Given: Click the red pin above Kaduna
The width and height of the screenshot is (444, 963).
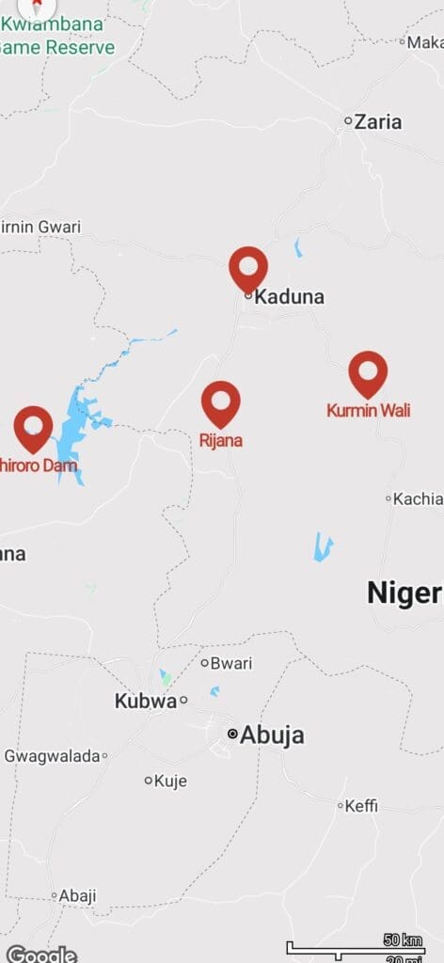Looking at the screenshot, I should coord(248,267).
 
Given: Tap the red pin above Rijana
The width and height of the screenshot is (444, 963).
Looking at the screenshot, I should coord(221,402).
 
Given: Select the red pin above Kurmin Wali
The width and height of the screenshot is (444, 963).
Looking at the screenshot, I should coord(368,371).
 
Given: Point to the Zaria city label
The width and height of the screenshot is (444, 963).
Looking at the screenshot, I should coord(377,121).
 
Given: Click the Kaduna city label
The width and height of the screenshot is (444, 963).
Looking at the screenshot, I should coord(290,297).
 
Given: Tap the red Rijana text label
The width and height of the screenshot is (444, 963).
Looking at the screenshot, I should coord(221,439).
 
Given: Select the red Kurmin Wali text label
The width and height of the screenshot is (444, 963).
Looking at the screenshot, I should coord(368,410).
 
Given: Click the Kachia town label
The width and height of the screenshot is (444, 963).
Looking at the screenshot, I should coord(418,498).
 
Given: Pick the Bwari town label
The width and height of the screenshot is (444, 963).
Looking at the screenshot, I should coord(230,663).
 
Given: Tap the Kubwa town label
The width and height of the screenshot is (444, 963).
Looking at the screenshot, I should coord(145,701).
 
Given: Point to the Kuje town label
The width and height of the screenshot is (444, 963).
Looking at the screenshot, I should coord(170,781).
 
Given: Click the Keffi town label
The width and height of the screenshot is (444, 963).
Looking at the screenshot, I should coord(361,806).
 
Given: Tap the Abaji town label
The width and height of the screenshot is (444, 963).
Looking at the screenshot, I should coord(77,896).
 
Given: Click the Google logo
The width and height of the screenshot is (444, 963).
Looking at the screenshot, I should coord(41,954).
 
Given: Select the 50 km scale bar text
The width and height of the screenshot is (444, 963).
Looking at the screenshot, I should coord(403,939).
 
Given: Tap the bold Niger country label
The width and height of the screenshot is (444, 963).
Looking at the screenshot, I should coord(404,592).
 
